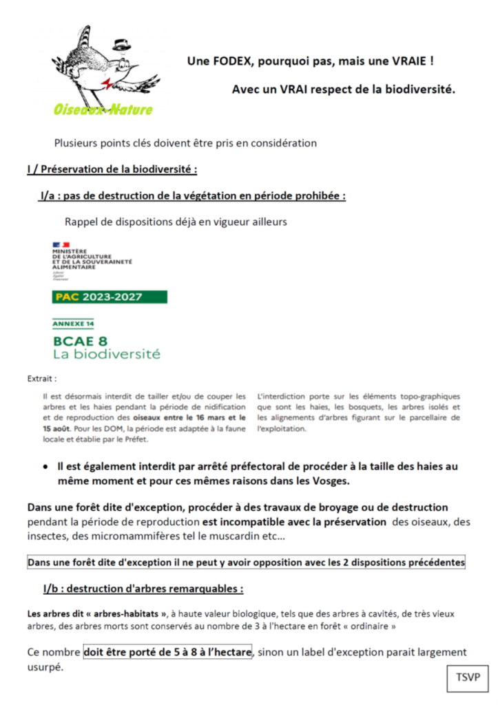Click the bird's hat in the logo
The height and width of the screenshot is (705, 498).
[x=123, y=45]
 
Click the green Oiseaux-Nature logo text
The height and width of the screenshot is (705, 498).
[x=103, y=109]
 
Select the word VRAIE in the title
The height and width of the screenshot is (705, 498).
[x=411, y=61]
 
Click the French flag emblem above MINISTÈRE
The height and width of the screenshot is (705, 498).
[x=61, y=244]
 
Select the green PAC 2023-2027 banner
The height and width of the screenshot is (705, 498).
[x=110, y=297]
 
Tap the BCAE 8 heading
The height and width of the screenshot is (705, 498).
[x=81, y=340]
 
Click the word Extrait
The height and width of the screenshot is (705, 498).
[x=41, y=379]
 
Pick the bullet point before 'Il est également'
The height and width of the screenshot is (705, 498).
[x=45, y=467]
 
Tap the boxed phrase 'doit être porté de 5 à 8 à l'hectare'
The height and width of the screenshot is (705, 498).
[x=169, y=651]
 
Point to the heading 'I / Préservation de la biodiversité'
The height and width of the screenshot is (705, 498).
[x=112, y=169]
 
